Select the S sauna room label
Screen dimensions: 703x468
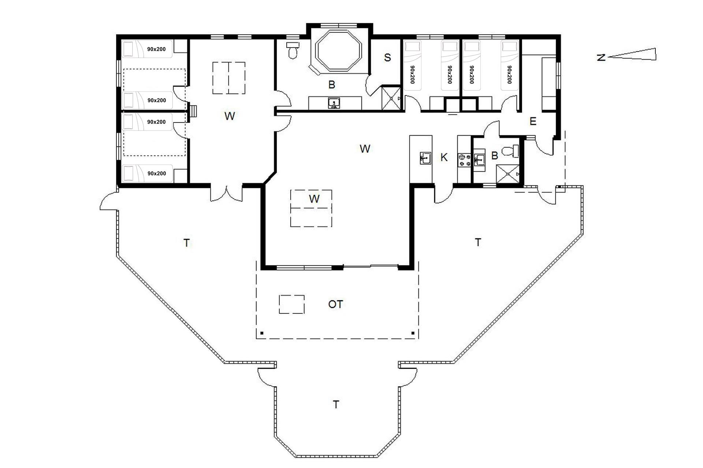(x=387, y=57)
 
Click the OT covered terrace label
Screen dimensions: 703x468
(x=335, y=304)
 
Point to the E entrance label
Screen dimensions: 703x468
(x=533, y=121)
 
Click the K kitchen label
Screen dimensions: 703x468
(x=444, y=158)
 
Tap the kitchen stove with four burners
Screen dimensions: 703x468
(x=464, y=160)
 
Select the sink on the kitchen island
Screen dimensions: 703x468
(x=425, y=158)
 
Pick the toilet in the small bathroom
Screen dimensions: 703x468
(x=510, y=151)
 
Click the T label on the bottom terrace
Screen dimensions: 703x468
(x=336, y=404)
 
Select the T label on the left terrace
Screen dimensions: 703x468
(x=187, y=243)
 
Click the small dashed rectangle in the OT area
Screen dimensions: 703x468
(x=291, y=304)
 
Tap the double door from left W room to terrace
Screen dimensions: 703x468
(x=226, y=193)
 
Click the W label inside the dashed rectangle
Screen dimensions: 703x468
(x=314, y=199)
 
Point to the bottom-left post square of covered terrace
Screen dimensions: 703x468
(x=262, y=333)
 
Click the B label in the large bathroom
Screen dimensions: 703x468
(x=332, y=85)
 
